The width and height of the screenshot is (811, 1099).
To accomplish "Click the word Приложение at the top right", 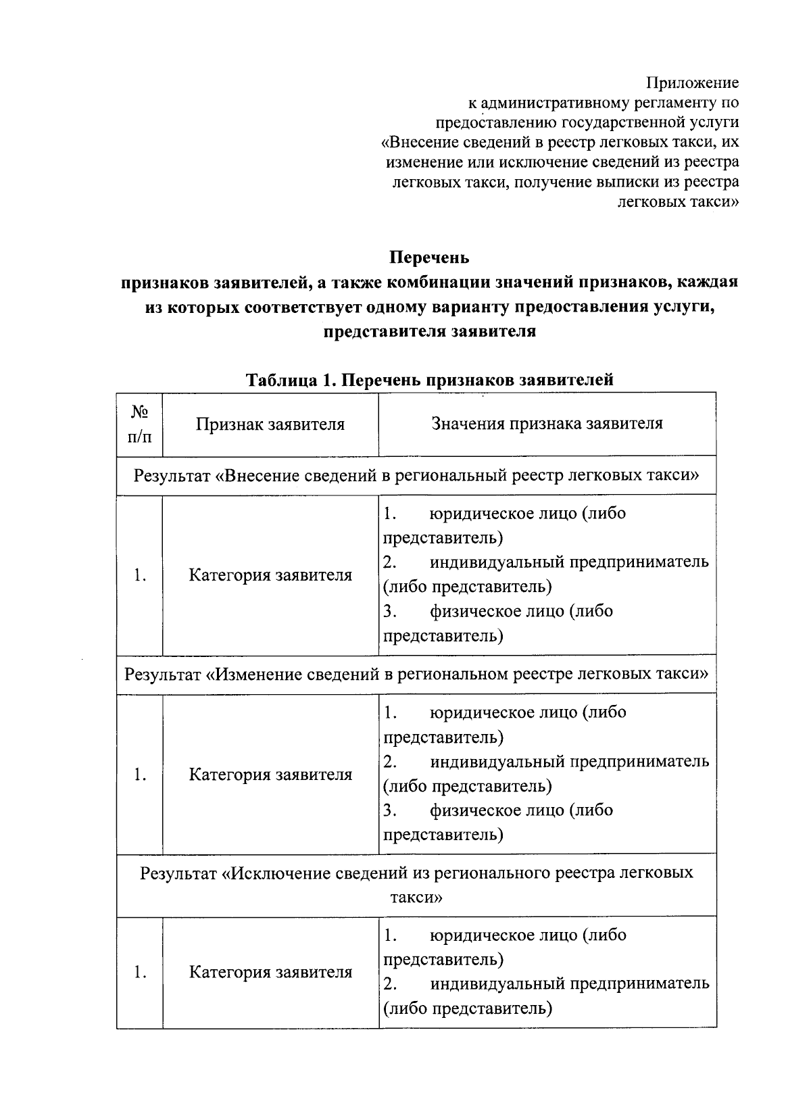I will coord(693,83).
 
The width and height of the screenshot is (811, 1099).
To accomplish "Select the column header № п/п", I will coord(139,424).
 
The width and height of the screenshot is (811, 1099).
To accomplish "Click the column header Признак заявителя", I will coord(270,424).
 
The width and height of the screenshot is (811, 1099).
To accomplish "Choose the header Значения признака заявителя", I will coord(547,423).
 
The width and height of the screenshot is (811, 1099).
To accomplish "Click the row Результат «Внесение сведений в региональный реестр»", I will coord(416,475).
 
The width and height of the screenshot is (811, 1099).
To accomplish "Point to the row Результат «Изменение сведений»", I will coord(416,674).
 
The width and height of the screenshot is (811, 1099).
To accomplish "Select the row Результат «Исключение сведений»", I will coord(416,884).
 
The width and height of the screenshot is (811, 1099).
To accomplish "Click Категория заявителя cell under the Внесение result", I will coord(270,575).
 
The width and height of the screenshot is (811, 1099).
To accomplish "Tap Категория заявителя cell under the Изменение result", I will coord(270,774).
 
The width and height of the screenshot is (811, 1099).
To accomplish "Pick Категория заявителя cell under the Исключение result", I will coord(270,972).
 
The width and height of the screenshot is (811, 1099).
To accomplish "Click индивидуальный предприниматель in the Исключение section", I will coord(570,983).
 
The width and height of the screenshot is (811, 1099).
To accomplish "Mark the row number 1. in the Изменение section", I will coord(140,775).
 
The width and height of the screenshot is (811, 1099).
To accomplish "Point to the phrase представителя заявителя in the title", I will coord(429,332).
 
